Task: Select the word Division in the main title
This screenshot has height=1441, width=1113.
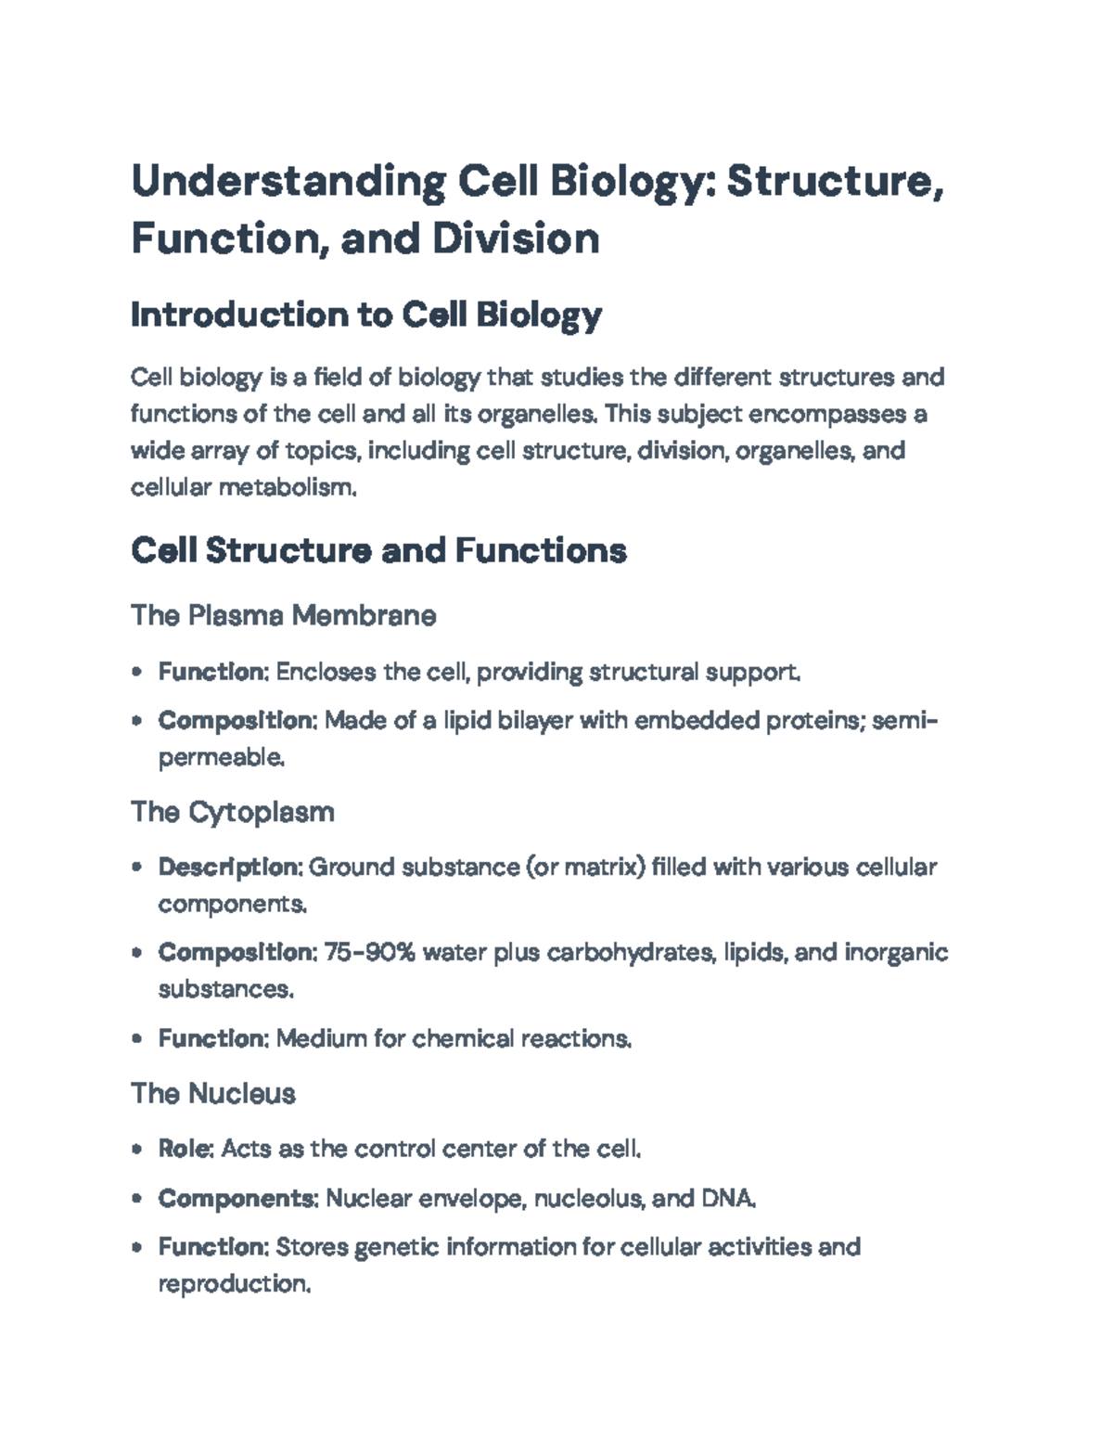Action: point(515,238)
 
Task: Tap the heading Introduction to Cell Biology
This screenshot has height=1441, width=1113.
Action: point(366,315)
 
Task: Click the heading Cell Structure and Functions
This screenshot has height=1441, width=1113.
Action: point(378,551)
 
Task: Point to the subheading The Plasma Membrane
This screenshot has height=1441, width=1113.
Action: point(283,615)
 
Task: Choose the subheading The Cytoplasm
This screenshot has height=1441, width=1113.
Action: point(233,812)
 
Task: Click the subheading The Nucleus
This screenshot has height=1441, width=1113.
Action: point(213,1093)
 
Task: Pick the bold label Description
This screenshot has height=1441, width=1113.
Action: point(229,868)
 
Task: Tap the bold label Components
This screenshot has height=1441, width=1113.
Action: point(237,1198)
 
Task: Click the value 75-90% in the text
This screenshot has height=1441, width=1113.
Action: point(369,953)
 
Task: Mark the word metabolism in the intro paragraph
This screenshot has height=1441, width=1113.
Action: point(287,487)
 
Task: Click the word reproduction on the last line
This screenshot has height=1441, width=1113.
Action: point(232,1284)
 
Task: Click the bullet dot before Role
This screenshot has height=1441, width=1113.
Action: point(137,1149)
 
